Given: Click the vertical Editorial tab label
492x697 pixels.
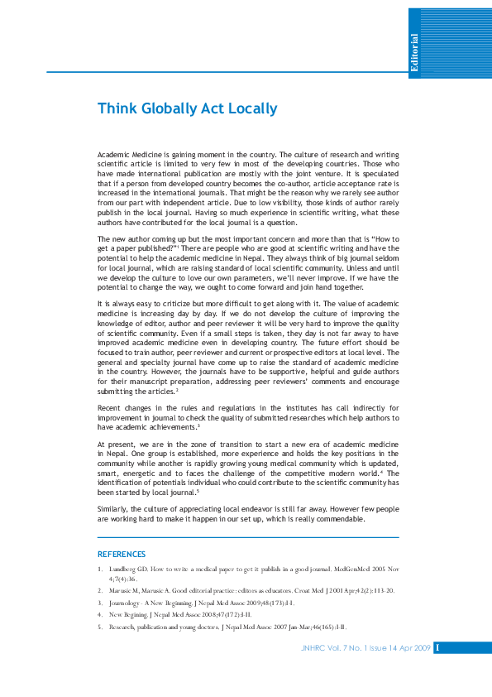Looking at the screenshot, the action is [414, 54].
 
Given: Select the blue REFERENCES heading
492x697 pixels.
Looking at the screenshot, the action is [122, 554].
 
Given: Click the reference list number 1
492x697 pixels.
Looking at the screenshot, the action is [99, 570].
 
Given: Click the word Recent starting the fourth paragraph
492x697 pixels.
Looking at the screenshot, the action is [110, 409].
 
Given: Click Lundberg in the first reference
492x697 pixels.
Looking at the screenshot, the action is [122, 570].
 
